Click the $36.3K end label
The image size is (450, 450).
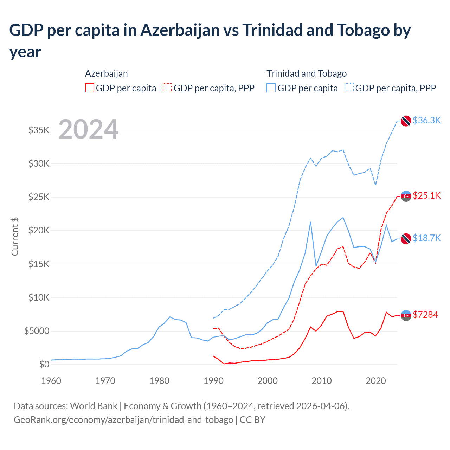pyautogui.click(x=426, y=120)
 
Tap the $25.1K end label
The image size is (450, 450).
pyautogui.click(x=426, y=195)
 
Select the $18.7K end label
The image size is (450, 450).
pyautogui.click(x=426, y=238)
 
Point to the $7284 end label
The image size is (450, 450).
pyautogui.click(x=425, y=315)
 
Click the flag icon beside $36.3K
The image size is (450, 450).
pyautogui.click(x=406, y=121)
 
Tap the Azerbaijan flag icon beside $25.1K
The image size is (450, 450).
pyautogui.click(x=406, y=196)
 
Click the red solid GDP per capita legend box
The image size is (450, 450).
pyautogui.click(x=90, y=88)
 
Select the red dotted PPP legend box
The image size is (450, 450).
pyautogui.click(x=167, y=88)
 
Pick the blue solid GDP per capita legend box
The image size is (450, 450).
pyautogui.click(x=271, y=88)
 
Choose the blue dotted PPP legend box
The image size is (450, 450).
pyautogui.click(x=349, y=88)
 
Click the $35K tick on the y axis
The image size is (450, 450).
pyautogui.click(x=39, y=130)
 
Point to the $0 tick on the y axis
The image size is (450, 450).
pyautogui.click(x=44, y=364)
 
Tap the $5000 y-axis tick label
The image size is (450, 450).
pyautogui.click(x=37, y=331)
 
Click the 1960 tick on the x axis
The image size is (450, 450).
pyautogui.click(x=51, y=381)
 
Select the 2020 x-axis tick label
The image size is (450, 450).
pyautogui.click(x=376, y=381)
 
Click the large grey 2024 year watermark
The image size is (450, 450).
pyautogui.click(x=88, y=130)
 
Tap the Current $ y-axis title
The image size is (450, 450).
pyautogui.click(x=15, y=237)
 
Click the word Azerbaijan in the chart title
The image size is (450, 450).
pyautogui.click(x=180, y=30)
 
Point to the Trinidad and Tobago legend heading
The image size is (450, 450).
pyautogui.click(x=307, y=73)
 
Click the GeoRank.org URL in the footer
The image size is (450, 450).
pyautogui.click(x=123, y=420)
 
